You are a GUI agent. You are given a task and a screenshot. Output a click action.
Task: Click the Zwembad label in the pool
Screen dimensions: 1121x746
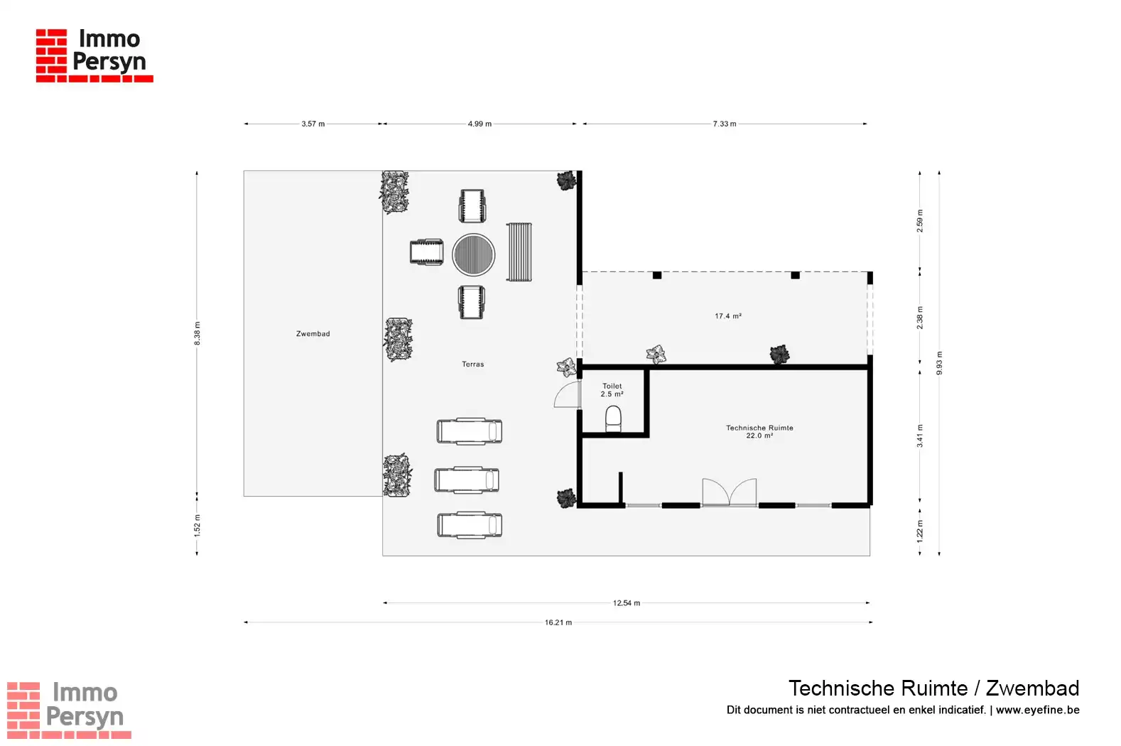tap(313, 334)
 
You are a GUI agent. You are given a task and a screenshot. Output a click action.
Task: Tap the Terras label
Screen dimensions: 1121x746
tap(473, 364)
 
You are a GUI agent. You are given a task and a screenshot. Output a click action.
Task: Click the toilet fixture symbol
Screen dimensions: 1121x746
tap(613, 418)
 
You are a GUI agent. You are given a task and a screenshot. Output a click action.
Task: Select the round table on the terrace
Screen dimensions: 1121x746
tap(473, 255)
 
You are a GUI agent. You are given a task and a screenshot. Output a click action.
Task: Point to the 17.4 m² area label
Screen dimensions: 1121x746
tap(728, 316)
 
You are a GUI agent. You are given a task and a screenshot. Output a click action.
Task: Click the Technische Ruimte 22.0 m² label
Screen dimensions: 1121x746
tap(759, 431)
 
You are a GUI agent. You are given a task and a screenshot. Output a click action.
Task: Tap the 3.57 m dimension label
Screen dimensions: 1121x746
tap(313, 124)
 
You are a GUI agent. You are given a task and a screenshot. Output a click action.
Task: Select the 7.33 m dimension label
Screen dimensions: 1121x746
tap(725, 124)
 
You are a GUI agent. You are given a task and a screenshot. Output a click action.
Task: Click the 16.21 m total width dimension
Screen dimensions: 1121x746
tap(558, 622)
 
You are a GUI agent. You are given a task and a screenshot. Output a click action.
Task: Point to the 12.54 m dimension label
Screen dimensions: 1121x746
tap(627, 602)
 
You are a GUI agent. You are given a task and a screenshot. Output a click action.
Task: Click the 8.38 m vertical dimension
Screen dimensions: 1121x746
tap(197, 333)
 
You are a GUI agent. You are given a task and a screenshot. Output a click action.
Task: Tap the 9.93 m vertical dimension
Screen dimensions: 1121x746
tap(939, 363)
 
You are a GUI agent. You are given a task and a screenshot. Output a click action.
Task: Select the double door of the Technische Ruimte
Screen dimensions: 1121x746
tap(730, 492)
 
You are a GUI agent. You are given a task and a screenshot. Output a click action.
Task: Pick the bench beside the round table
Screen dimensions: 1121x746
tap(519, 252)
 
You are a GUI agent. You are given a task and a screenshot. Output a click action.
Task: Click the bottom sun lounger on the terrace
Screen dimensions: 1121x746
tap(470, 525)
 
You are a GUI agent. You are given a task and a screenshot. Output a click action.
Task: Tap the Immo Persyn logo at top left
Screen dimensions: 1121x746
tap(94, 55)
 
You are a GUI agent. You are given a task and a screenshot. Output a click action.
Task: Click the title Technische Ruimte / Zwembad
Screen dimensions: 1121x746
tap(934, 688)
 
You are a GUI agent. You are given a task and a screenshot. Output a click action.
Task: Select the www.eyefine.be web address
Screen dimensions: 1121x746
tap(1037, 710)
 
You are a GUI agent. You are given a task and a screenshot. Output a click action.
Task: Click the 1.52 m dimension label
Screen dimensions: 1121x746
tap(197, 525)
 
